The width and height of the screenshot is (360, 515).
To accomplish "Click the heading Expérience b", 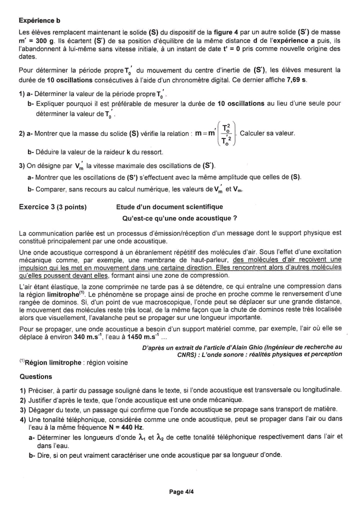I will (39, 20).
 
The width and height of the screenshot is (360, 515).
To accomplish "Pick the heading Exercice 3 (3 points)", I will (52, 206).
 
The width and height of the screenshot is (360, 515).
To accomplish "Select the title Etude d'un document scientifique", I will (169, 206).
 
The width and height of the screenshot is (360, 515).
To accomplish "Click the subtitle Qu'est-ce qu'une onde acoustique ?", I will (179, 218).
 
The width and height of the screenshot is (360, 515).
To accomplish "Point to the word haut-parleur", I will (209, 260).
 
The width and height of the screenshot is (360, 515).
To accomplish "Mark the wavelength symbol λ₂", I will (160, 436).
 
